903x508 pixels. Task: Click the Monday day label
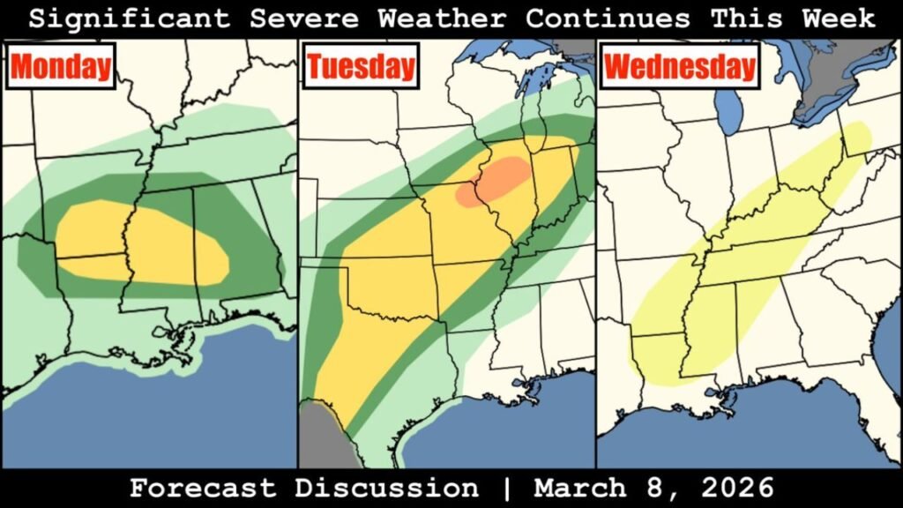tap(62, 67)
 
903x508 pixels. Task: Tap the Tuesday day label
tap(360, 67)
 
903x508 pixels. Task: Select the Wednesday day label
tap(681, 67)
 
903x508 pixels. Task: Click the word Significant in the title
tap(130, 18)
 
